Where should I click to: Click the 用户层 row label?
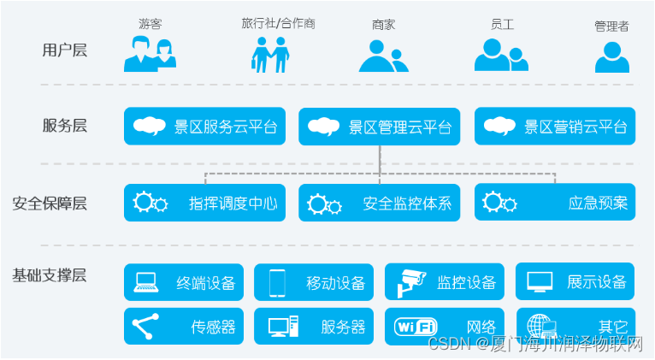(x=65, y=50)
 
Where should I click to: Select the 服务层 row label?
(x=65, y=126)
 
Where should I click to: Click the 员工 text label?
(x=497, y=24)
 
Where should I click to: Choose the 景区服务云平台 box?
(x=204, y=127)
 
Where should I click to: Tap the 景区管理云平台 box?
(x=379, y=127)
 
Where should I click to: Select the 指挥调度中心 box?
(x=204, y=204)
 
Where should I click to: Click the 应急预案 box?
(x=555, y=204)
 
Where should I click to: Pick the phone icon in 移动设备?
(x=277, y=281)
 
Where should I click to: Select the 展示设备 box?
(x=575, y=281)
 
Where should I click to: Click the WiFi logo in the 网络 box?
(x=416, y=326)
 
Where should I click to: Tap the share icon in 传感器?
(x=145, y=326)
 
